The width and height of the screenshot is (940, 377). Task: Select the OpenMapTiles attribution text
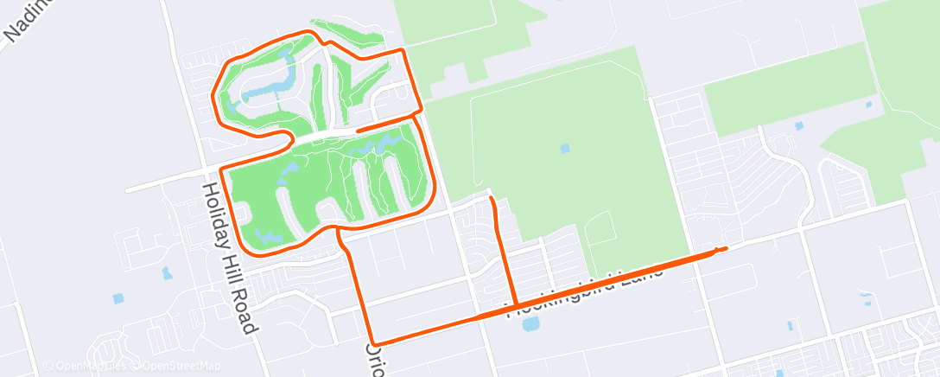(86, 366)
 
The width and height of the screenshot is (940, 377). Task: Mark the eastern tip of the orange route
(724, 249)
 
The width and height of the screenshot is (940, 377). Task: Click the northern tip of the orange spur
(491, 199)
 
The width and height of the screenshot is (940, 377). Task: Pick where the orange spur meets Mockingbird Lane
(515, 305)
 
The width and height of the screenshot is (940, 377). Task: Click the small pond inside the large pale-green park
(565, 148)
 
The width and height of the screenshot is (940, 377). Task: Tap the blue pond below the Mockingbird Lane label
(530, 324)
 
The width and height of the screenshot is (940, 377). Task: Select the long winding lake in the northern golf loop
(268, 87)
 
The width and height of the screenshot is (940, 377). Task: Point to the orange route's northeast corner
(403, 52)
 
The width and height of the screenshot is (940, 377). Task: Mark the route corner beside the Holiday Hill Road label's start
(222, 169)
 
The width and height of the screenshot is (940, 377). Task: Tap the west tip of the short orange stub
(358, 130)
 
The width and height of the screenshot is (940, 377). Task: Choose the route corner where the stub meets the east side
(418, 112)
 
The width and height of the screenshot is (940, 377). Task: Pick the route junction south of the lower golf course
(337, 230)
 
